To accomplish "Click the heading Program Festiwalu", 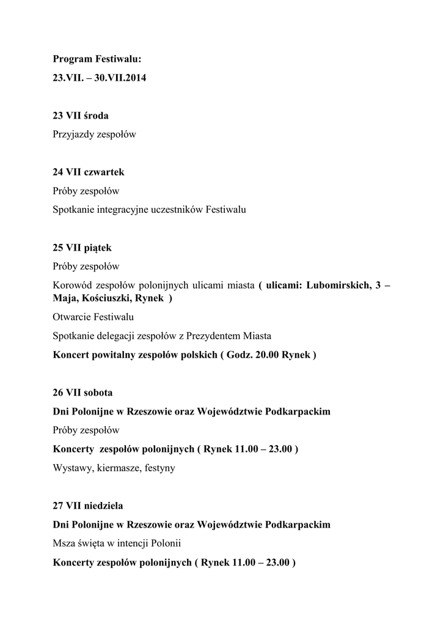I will click(97, 59).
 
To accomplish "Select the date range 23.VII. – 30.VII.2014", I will click(100, 78).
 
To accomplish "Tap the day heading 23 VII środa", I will click(81, 116).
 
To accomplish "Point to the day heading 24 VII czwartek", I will click(89, 172).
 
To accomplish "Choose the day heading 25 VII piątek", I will click(82, 248).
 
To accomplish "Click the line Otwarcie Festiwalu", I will click(93, 317).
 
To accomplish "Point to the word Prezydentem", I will click(214, 336).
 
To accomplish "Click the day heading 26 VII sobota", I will click(82, 392).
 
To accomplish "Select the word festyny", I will click(158, 468).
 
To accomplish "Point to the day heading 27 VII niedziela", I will click(88, 506).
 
